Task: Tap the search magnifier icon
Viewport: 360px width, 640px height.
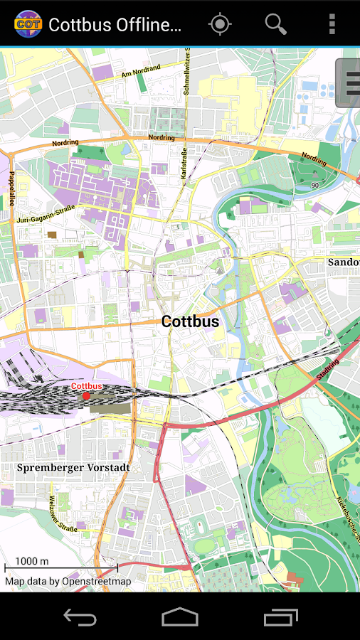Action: tap(275, 24)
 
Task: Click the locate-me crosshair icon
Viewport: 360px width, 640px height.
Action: tap(220, 24)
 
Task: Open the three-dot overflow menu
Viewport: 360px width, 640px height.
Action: tap(332, 24)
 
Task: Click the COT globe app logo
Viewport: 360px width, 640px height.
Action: tap(28, 24)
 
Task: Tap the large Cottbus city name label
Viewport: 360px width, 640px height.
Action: tap(190, 321)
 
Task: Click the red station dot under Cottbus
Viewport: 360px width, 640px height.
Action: tap(87, 395)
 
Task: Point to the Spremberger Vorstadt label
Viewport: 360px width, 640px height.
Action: tap(73, 468)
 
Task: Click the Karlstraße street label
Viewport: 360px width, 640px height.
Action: tap(184, 164)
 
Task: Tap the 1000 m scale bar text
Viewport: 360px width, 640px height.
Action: tap(32, 561)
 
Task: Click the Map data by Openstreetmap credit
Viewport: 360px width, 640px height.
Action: tap(68, 581)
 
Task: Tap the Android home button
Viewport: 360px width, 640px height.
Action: tap(180, 617)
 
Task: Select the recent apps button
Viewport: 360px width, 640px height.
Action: tap(280, 617)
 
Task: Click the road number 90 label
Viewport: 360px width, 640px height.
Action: tap(314, 185)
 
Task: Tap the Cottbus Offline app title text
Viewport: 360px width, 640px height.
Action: tap(115, 25)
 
